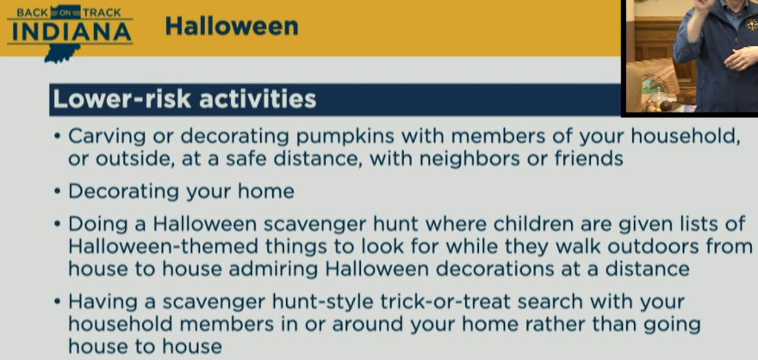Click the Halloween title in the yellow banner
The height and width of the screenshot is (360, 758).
tap(232, 26)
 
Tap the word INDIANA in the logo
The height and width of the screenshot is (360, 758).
tap(71, 32)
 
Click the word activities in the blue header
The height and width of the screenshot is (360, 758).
tap(258, 99)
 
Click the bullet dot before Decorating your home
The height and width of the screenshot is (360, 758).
tap(58, 191)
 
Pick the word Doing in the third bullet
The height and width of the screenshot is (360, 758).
tap(92, 225)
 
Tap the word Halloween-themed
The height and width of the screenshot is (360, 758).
tap(163, 246)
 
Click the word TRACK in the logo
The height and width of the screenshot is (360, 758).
tap(101, 13)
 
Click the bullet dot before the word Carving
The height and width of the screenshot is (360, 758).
tap(58, 137)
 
